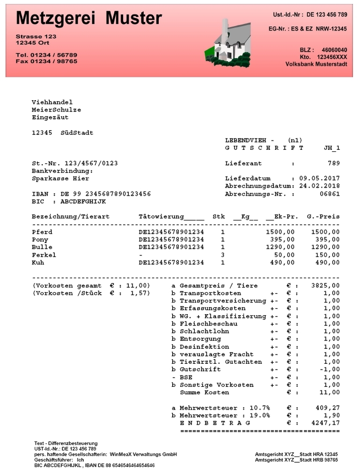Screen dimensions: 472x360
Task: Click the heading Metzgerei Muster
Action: pyautogui.click(x=89, y=18)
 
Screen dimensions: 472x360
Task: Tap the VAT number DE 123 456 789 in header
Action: pyautogui.click(x=327, y=15)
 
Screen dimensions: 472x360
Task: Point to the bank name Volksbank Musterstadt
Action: pyautogui.click(x=316, y=64)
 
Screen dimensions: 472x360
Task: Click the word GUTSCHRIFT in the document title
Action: pyautogui.click(x=264, y=148)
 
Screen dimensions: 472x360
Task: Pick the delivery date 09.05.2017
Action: pyautogui.click(x=319, y=178)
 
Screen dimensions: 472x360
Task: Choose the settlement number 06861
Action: pyautogui.click(x=330, y=194)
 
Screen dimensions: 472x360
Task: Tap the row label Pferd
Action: pyautogui.click(x=42, y=232)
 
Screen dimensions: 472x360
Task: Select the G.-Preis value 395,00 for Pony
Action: pyautogui.click(x=328, y=239)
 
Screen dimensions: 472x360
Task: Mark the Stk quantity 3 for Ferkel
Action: pyautogui.click(x=223, y=255)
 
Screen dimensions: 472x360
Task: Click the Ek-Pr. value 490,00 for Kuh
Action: pyautogui.click(x=283, y=262)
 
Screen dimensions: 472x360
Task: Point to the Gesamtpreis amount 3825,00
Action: pyautogui.click(x=325, y=285)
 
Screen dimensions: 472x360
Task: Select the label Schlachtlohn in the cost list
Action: pyautogui.click(x=204, y=331)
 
